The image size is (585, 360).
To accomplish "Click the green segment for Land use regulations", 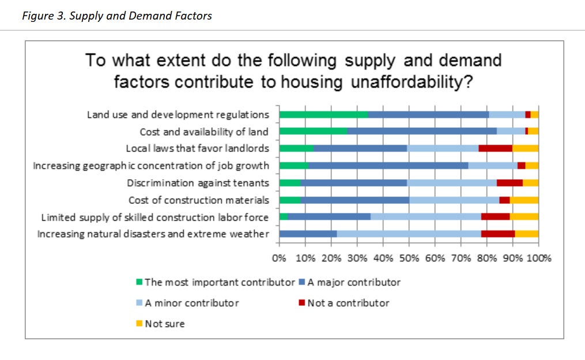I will (323, 115).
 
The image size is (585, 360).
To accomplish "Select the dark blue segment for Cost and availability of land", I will (422, 131).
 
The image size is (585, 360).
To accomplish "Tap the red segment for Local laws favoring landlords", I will (495, 149).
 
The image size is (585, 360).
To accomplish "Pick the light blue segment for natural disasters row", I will (409, 234).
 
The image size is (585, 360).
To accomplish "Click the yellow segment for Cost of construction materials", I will (524, 200).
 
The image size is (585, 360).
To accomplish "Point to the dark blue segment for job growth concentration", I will (388, 166).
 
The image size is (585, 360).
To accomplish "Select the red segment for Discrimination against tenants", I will (509, 183).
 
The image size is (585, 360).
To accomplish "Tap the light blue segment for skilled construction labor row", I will (425, 217).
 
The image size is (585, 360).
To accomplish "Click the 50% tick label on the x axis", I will (409, 257).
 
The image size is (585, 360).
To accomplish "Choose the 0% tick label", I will (280, 257).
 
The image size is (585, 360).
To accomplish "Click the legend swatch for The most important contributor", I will (139, 282).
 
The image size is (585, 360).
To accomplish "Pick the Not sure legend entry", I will (164, 324).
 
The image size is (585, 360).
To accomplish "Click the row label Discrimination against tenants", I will (198, 183).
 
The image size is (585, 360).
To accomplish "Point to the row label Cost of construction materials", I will (198, 200).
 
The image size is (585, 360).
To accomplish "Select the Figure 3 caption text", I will (117, 16).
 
